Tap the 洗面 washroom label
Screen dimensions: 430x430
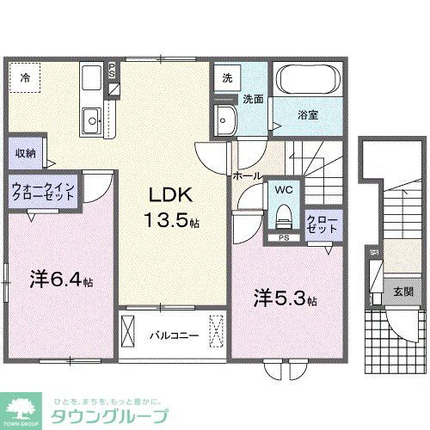251,98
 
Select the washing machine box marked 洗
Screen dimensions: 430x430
225,77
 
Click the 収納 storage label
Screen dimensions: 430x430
24,153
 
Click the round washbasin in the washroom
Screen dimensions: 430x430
227,118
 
